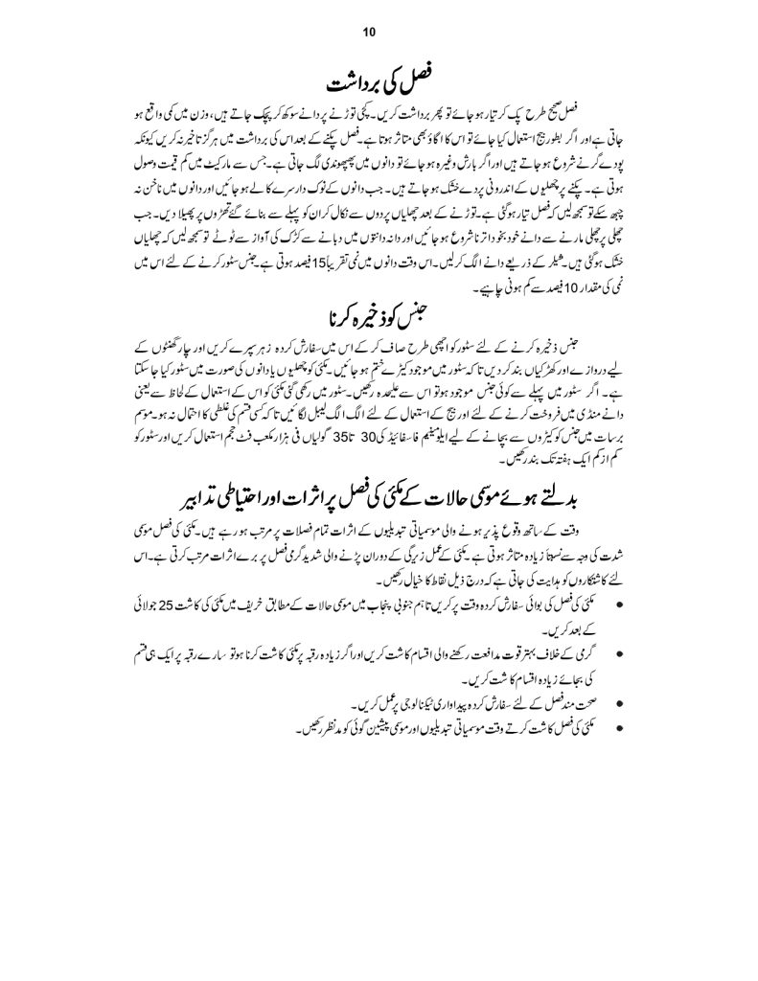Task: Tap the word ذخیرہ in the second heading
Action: pyautogui.click(x=358, y=314)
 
